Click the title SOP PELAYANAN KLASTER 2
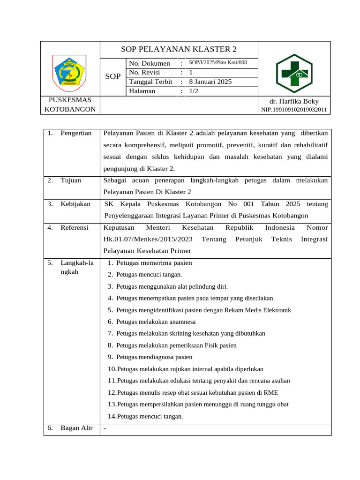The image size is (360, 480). tap(179, 49)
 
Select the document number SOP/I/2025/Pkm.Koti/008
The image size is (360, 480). tap(218, 63)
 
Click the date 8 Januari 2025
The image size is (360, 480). tap(210, 82)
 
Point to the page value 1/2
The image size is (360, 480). tap(194, 91)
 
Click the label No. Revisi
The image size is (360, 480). tap(144, 72)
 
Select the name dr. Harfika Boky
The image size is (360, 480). tap(294, 101)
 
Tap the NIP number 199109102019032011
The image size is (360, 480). tap(294, 110)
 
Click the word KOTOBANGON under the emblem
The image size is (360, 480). tap(70, 109)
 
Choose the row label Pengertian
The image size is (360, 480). tap(76, 134)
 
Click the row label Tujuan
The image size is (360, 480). tap(71, 180)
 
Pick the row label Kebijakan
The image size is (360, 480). tap(75, 204)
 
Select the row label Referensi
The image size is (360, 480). tap(75, 227)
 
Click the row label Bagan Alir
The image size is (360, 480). tap(76, 427)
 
